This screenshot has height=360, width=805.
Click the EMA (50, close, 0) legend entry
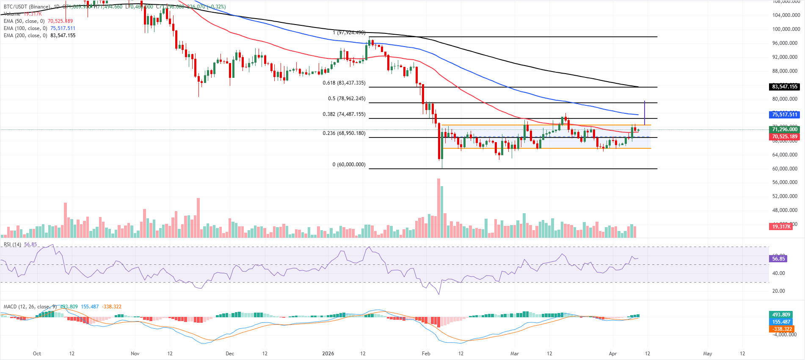pos(24,21)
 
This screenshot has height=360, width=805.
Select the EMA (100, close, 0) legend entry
pos(25,28)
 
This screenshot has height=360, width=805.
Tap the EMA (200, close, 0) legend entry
pos(25,36)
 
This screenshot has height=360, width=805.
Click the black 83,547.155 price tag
pos(784,87)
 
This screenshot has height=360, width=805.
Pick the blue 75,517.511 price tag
pos(784,115)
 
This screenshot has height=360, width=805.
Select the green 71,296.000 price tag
pos(784,129)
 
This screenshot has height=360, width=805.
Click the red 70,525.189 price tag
pos(784,137)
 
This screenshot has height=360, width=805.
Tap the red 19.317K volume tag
pos(781,227)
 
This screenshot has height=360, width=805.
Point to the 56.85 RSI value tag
pos(778,258)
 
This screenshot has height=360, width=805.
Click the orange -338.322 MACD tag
pos(782,329)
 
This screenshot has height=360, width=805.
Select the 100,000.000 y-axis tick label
pos(786,29)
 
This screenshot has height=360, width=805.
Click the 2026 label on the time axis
pos(328,354)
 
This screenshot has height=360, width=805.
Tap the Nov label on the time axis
pos(135,354)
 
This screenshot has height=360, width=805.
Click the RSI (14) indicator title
pos(12,245)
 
